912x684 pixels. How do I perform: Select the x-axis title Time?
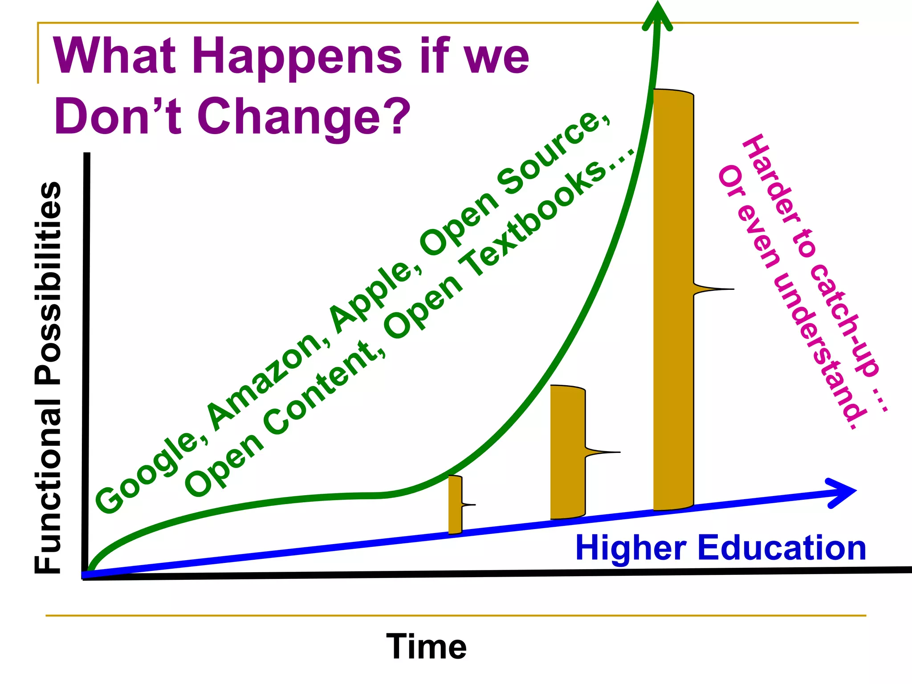click(426, 647)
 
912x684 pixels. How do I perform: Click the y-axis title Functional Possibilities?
click(48, 377)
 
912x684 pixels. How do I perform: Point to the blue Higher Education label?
click(721, 548)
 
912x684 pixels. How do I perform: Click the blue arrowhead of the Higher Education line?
click(842, 492)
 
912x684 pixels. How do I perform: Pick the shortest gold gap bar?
click(455, 505)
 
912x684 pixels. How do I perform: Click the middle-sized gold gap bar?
click(567, 452)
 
